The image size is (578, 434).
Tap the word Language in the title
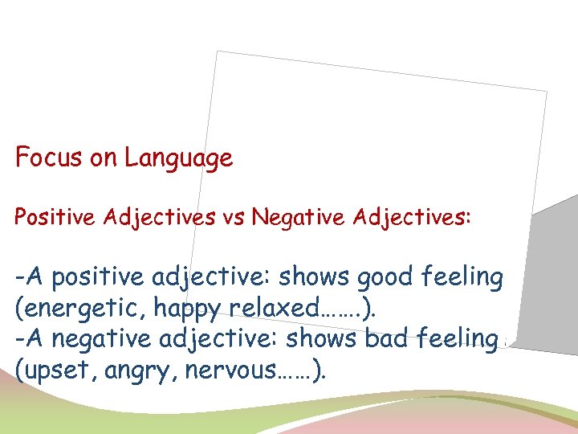[178, 158]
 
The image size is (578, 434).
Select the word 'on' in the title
[104, 158]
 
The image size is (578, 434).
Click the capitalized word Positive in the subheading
[51, 217]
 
